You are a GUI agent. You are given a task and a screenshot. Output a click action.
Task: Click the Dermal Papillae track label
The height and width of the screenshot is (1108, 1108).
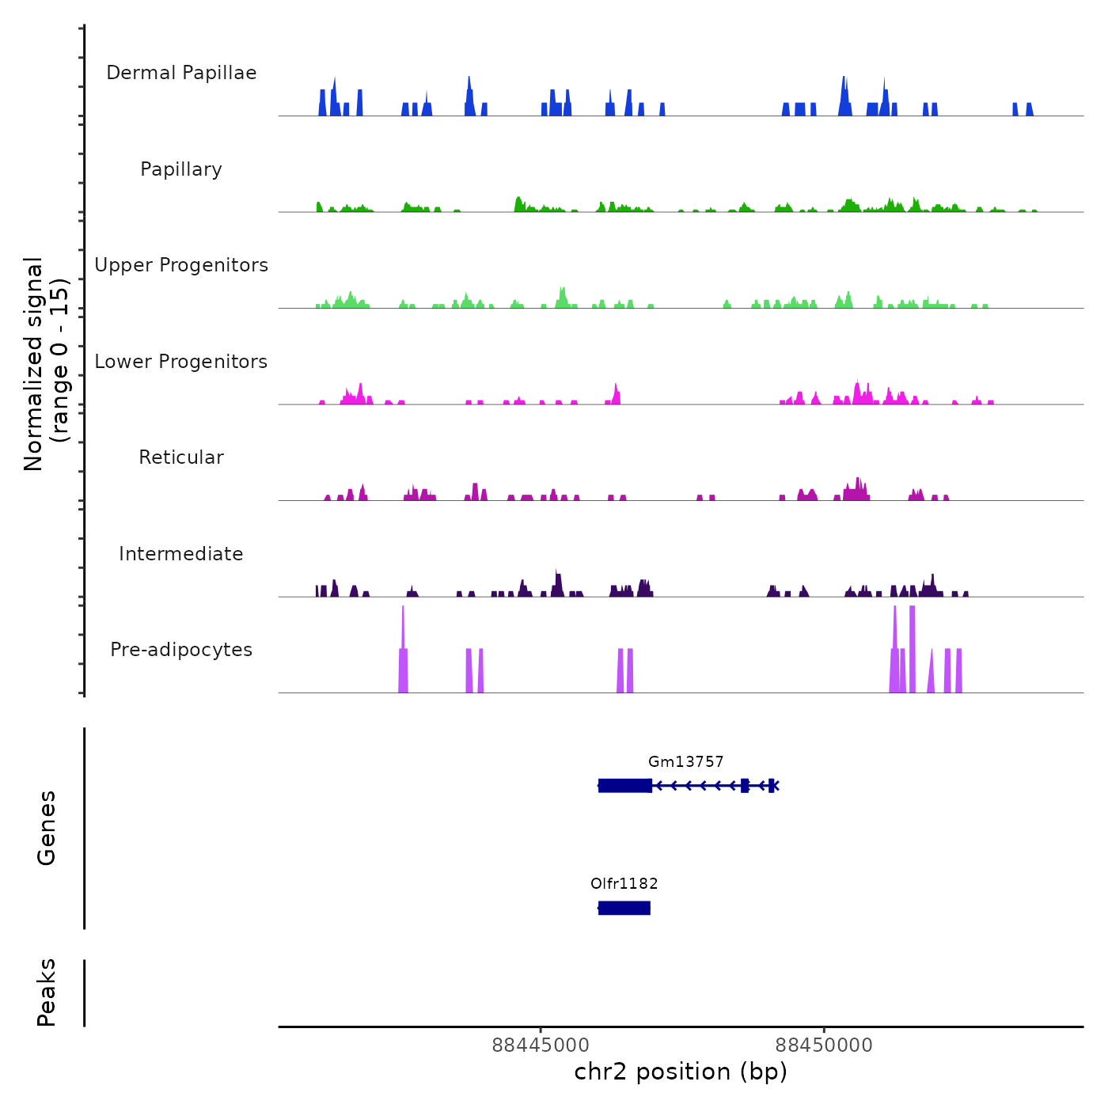pyautogui.click(x=181, y=73)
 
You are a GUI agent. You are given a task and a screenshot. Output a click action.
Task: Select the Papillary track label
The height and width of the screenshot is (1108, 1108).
pyautogui.click(x=181, y=169)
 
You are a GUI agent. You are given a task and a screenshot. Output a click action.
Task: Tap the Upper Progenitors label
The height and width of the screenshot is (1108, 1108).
pyautogui.click(x=181, y=265)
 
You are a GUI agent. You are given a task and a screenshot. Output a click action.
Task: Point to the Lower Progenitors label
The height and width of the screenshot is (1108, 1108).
pyautogui.click(x=181, y=362)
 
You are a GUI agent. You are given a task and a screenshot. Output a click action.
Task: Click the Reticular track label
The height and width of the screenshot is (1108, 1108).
pyautogui.click(x=181, y=457)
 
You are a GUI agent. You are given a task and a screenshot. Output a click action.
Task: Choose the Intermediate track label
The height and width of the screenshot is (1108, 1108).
pyautogui.click(x=181, y=554)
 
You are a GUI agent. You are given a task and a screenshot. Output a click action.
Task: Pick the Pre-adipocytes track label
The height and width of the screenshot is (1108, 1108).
pyautogui.click(x=181, y=650)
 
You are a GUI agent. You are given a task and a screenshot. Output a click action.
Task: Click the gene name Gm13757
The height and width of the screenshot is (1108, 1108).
pyautogui.click(x=685, y=762)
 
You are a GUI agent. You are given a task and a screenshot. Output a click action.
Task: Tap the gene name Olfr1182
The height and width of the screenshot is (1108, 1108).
pyautogui.click(x=624, y=884)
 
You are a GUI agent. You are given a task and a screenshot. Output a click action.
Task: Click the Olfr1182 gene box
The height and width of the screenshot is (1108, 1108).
pyautogui.click(x=624, y=908)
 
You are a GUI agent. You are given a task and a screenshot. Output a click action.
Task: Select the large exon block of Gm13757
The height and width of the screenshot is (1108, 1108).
pyautogui.click(x=625, y=786)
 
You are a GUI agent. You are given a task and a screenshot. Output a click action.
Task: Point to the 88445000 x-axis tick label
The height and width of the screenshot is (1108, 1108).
pyautogui.click(x=541, y=1045)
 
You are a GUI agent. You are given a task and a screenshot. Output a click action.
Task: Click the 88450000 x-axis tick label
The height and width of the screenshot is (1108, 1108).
pyautogui.click(x=824, y=1045)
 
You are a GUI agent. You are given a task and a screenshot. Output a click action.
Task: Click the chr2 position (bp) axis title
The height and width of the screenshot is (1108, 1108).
pyautogui.click(x=681, y=1072)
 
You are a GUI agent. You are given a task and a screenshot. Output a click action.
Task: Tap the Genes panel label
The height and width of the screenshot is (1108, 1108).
pyautogui.click(x=47, y=828)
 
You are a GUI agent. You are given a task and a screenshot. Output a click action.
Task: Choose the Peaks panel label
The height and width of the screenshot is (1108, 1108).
pyautogui.click(x=47, y=992)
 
